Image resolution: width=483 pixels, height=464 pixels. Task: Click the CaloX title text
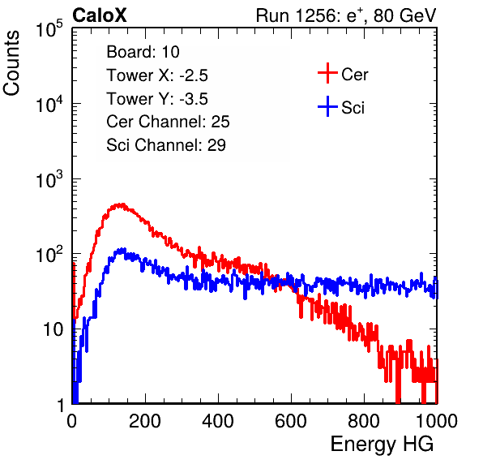(x=100, y=15)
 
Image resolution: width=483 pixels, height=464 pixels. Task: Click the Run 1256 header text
(x=346, y=15)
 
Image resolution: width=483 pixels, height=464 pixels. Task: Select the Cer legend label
(x=354, y=75)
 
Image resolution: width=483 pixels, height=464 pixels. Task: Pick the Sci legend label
(x=353, y=108)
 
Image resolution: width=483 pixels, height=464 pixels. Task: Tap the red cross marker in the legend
(x=327, y=73)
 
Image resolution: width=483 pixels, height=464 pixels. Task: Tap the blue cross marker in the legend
(x=327, y=106)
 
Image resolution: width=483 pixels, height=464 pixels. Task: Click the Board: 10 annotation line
(x=143, y=52)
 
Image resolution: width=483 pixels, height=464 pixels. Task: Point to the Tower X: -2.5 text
(x=157, y=75)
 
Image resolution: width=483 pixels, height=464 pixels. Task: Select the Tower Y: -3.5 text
(x=157, y=99)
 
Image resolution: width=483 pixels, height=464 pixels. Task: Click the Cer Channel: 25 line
(x=168, y=122)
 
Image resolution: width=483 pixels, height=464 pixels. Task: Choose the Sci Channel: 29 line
(x=166, y=145)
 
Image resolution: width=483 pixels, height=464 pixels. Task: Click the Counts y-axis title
(x=11, y=63)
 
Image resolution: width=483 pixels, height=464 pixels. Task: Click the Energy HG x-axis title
(x=382, y=444)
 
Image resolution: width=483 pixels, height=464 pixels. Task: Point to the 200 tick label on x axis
(x=145, y=421)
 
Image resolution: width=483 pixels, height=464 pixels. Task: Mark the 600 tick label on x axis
(x=291, y=421)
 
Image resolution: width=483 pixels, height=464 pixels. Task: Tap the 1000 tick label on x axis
(x=437, y=421)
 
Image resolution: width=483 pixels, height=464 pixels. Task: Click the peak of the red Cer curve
(x=122, y=204)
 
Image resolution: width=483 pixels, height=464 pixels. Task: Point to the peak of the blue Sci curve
(x=123, y=248)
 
